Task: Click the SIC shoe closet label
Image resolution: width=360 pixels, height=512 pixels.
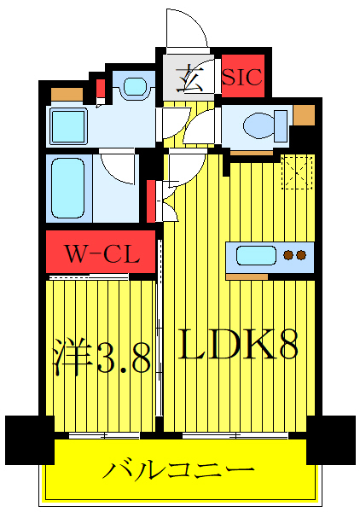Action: (243, 78)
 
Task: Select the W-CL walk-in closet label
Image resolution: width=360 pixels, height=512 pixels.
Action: (101, 253)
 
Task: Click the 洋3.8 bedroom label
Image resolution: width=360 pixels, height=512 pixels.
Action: (103, 358)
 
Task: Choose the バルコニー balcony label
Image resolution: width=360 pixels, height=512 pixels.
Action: (179, 470)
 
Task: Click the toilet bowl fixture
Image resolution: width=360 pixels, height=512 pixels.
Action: (260, 126)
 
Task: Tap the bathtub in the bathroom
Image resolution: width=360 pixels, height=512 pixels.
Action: (69, 188)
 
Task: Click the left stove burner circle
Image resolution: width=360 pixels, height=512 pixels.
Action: (288, 255)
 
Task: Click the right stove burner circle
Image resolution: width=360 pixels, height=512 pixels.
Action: (301, 255)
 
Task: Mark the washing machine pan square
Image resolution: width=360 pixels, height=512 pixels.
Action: (67, 126)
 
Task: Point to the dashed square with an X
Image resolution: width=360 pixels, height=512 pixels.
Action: (299, 173)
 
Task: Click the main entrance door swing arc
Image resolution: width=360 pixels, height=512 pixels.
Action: (186, 30)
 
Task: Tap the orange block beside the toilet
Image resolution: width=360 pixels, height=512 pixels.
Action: (304, 115)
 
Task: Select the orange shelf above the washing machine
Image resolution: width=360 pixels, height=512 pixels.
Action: (66, 95)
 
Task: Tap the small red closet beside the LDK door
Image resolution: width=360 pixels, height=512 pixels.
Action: (151, 200)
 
